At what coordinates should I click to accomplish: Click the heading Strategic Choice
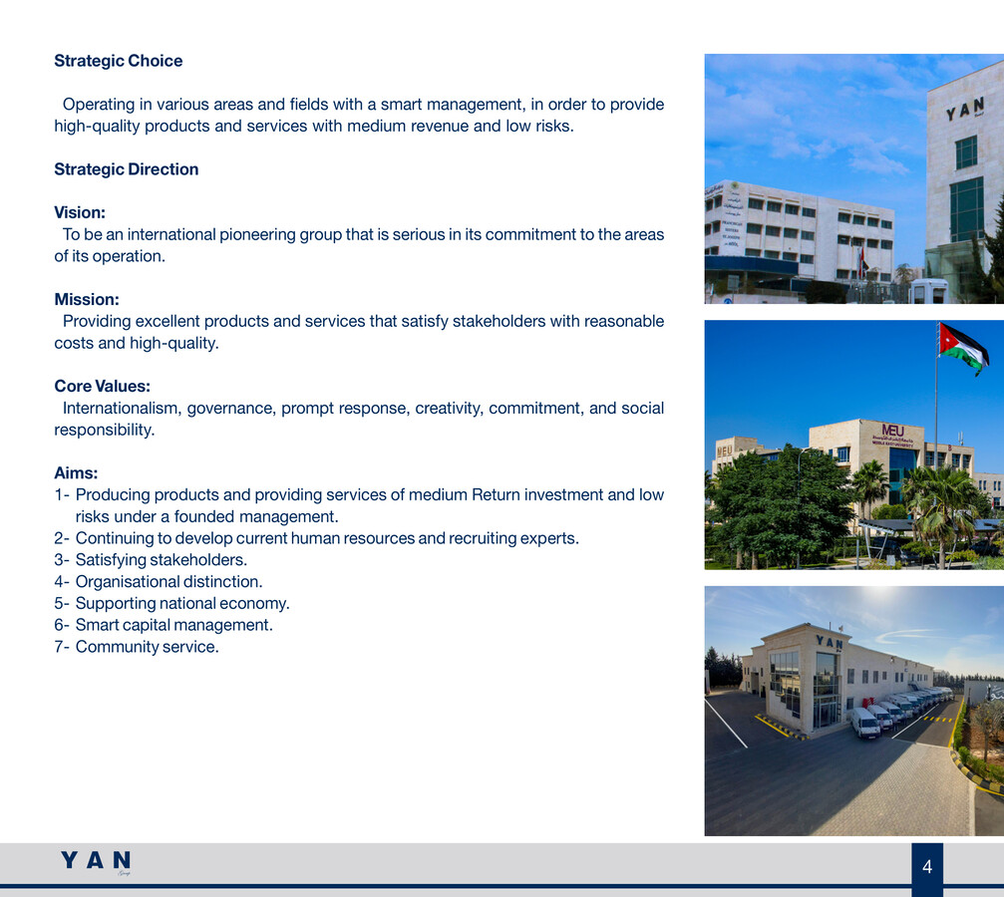coord(118,61)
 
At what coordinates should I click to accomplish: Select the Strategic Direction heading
coord(126,169)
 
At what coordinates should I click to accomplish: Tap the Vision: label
coord(80,212)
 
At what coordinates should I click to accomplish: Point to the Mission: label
coord(86,299)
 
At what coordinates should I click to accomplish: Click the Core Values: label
coord(102,386)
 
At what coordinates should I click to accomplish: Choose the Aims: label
coord(76,473)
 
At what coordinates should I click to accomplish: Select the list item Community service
coord(147,647)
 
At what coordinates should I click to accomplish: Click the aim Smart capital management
coord(173,625)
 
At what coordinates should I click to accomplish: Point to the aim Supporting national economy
coord(182,603)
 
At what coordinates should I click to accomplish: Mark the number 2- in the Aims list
coord(62,538)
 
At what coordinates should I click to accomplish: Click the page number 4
coord(927,867)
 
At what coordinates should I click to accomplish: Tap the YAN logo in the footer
coord(96,861)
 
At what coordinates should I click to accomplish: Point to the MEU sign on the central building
coord(892,431)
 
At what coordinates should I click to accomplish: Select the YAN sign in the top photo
coord(964,108)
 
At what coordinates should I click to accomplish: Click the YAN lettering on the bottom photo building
coord(829,643)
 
